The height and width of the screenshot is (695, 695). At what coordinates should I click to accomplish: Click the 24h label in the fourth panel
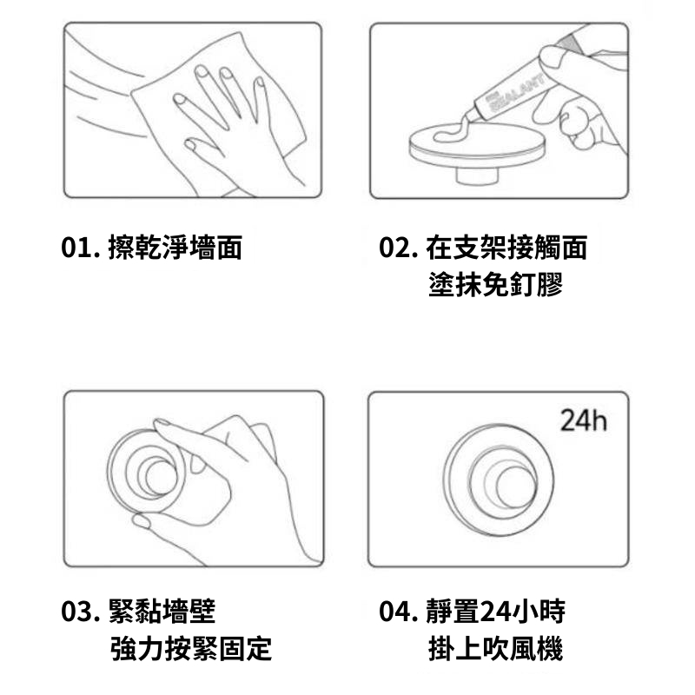(x=583, y=420)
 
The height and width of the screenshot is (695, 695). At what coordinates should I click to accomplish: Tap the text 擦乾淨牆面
(x=175, y=248)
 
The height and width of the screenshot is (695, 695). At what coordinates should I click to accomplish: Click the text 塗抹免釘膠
(x=495, y=285)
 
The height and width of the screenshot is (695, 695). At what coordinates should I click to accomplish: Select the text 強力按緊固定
(x=191, y=648)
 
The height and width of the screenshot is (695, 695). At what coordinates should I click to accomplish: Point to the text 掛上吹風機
(x=495, y=648)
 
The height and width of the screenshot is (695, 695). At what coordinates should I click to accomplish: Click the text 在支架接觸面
(x=506, y=248)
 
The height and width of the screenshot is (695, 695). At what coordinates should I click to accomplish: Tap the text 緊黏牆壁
(x=162, y=612)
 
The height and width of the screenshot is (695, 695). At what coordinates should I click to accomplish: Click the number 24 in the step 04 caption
(x=496, y=612)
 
